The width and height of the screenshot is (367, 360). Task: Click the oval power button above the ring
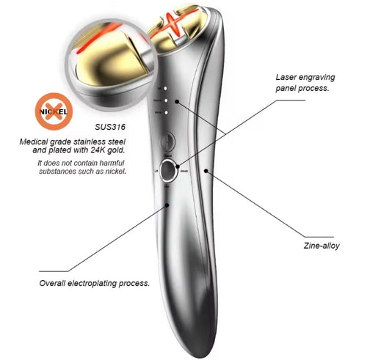pos(170,139)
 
